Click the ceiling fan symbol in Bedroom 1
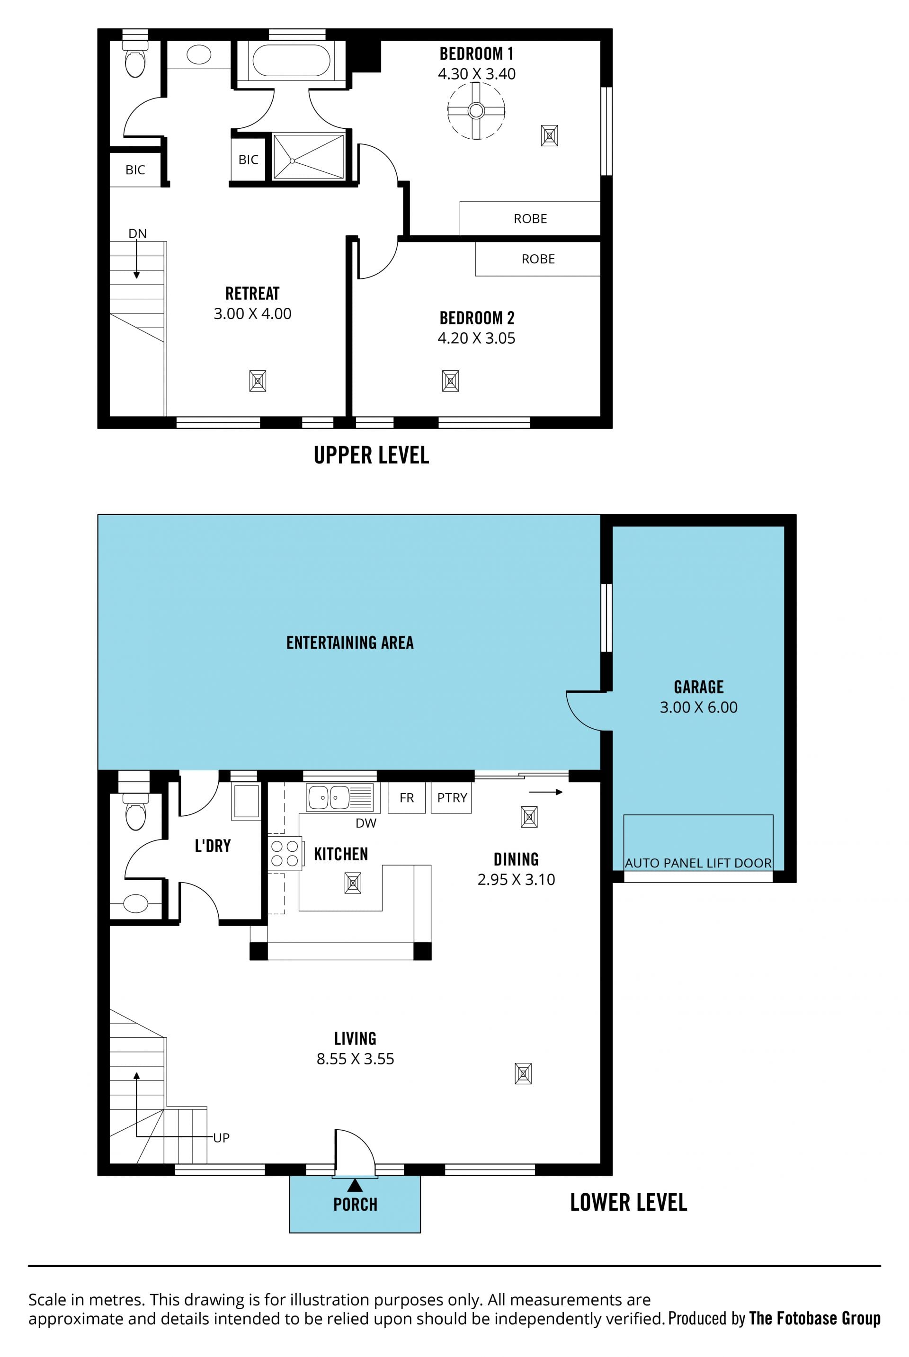(x=476, y=111)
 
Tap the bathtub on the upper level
(x=292, y=60)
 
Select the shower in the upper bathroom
(x=308, y=157)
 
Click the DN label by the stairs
(x=137, y=233)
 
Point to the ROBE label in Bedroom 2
(x=538, y=259)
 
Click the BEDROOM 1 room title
(x=477, y=54)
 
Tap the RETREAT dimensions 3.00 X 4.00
(x=252, y=313)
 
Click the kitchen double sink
(x=340, y=798)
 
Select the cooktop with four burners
(x=285, y=853)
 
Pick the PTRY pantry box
(x=452, y=798)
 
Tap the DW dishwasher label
(x=366, y=823)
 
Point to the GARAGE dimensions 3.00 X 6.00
(x=699, y=707)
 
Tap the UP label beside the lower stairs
(x=222, y=1137)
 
